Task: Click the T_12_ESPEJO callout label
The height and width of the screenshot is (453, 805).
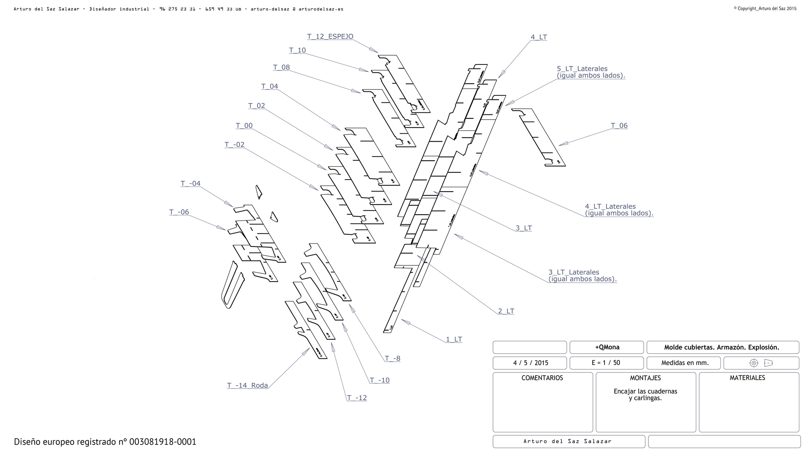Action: [x=330, y=37]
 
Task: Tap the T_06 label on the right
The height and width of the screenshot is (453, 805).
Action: [x=619, y=126]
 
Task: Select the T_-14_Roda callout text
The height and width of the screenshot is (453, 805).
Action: [x=247, y=385]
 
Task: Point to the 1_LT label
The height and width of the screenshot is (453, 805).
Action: [x=454, y=339]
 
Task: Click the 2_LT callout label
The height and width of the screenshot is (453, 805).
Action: [x=506, y=311]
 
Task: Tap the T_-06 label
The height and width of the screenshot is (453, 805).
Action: [x=179, y=212]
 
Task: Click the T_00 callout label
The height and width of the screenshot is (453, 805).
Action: [x=244, y=126]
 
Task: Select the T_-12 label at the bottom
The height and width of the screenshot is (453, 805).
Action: [x=357, y=398]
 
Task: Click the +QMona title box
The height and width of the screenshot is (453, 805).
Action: [x=607, y=347]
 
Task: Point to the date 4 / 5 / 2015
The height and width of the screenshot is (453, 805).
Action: [x=530, y=363]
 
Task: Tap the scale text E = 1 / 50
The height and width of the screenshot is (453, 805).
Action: [x=606, y=363]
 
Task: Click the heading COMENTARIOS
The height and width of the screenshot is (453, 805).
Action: [x=542, y=378]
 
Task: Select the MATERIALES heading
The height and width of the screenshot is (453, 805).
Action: [x=747, y=378]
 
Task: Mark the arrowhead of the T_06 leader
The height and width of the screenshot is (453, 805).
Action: [x=561, y=144]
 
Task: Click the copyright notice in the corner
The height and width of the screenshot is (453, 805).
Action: [x=765, y=8]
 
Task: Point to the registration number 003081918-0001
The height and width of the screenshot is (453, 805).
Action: [x=163, y=442]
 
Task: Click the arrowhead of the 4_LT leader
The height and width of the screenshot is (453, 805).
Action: [x=500, y=76]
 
